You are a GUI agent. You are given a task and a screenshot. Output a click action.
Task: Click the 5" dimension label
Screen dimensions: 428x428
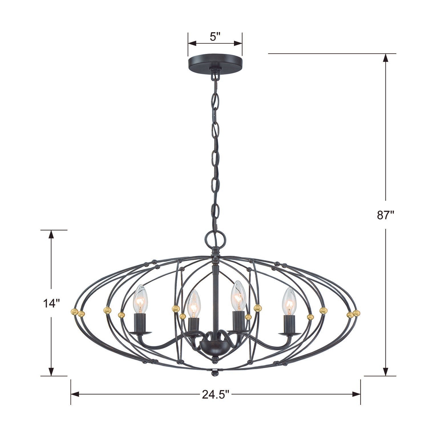point(215,37)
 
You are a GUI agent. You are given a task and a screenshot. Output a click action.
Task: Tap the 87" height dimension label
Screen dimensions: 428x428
point(385,215)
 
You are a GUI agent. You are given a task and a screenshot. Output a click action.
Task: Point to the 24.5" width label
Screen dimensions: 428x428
point(216,394)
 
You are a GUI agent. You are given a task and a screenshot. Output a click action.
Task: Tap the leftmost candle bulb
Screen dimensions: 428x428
point(140,299)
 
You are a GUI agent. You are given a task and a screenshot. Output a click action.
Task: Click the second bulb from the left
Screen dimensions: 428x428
point(194,304)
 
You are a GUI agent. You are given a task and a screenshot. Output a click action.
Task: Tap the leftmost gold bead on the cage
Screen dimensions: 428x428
point(74,311)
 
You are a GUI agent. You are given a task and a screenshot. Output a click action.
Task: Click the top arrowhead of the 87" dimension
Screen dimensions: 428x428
point(385,58)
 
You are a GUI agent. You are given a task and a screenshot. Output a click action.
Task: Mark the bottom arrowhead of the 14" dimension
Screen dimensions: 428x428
point(51,371)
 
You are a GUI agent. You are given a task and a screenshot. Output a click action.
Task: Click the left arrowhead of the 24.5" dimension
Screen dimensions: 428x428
point(75,394)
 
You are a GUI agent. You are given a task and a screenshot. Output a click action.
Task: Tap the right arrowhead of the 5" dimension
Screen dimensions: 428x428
point(238,43)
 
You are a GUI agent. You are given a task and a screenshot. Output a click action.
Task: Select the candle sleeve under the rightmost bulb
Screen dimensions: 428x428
point(289,324)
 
